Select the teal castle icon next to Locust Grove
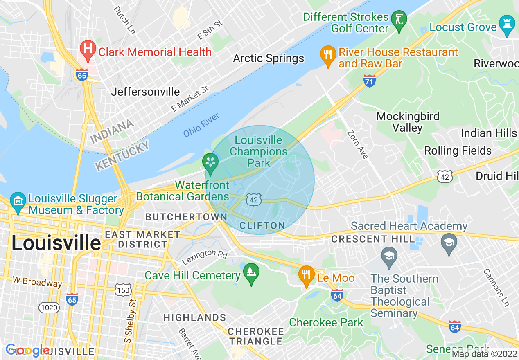[x=507, y=25]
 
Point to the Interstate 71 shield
[x=370, y=81]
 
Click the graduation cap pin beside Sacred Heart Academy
[x=449, y=244]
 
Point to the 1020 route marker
[x=49, y=307]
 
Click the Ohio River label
[x=201, y=125]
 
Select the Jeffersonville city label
[x=145, y=92]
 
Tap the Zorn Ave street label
[x=357, y=144]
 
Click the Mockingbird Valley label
[x=408, y=122]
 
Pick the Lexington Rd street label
[x=205, y=256]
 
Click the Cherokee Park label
[x=326, y=322]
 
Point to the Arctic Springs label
[x=269, y=58]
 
